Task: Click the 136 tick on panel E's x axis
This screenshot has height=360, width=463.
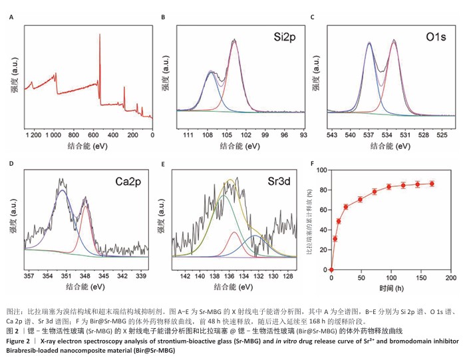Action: pos(229,275)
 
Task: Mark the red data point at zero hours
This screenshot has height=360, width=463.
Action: pos(331,270)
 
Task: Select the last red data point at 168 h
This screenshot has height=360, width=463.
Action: pos(432,184)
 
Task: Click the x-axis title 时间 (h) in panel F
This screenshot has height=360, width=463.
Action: pos(391,288)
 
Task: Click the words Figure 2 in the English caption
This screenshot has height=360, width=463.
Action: pos(18,341)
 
